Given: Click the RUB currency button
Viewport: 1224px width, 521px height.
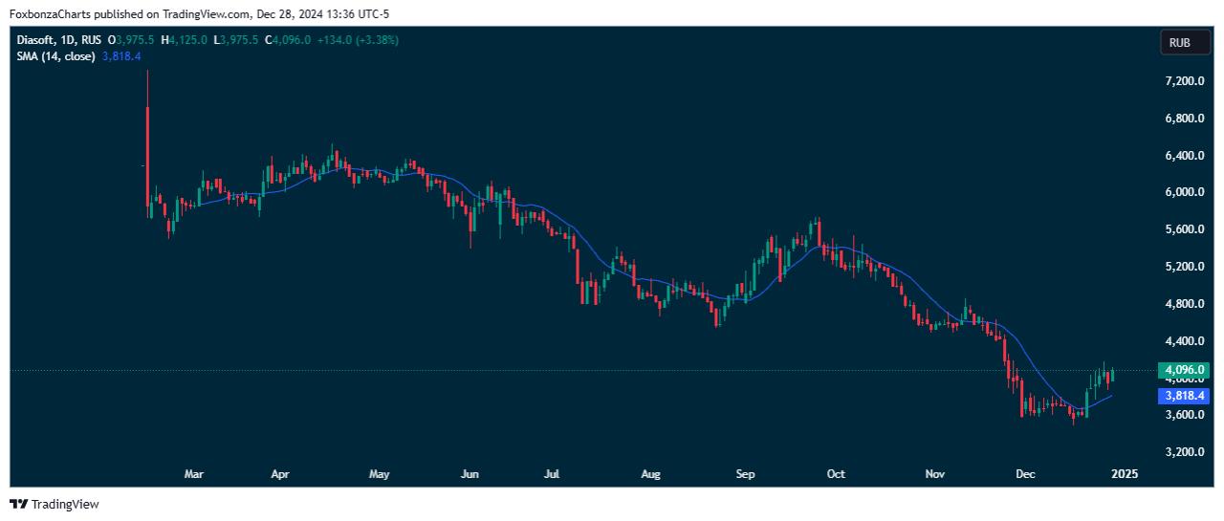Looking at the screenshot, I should pos(1179,43).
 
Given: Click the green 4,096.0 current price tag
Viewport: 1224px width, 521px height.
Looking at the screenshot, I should pos(1183,370).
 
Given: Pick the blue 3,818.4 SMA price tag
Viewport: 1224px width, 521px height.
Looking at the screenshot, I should pos(1183,396).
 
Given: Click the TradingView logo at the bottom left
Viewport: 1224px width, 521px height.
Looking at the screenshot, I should pos(55,504).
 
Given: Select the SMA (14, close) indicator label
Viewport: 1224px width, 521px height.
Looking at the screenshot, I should pos(55,56).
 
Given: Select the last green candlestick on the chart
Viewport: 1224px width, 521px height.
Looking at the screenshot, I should pos(1112,375).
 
